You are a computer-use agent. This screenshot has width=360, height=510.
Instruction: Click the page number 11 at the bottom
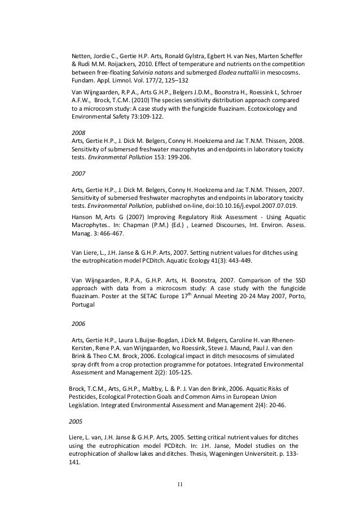pyautogui.click(x=181, y=484)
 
